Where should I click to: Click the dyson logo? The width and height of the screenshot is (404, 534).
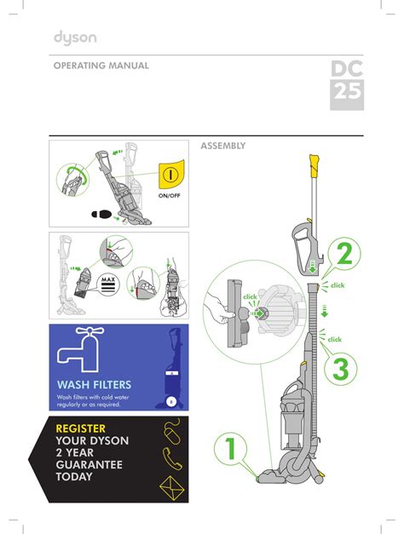pos(75,37)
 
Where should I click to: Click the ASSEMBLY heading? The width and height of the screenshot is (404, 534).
pos(222,146)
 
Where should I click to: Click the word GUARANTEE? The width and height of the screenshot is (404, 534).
pos(89,464)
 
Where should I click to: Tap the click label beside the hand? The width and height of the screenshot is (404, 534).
pos(251,296)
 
